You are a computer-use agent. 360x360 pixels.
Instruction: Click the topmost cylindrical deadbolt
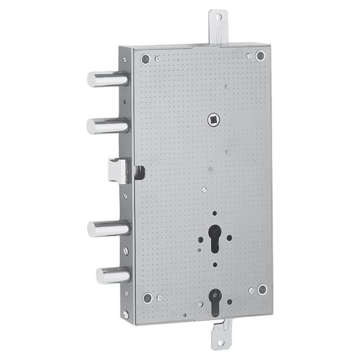point(107,79)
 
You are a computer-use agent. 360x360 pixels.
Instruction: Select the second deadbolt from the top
point(107,125)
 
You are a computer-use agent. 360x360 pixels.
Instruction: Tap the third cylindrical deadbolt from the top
point(108,228)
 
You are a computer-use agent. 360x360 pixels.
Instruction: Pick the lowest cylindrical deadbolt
point(112,275)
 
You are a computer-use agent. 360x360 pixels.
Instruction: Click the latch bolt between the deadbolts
point(118,171)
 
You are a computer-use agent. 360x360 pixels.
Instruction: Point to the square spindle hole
point(213,119)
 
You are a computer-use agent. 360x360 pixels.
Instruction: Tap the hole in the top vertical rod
point(218,18)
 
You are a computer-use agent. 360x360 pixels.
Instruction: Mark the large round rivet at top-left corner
point(146,58)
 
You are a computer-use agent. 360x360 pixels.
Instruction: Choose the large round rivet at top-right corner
point(260,55)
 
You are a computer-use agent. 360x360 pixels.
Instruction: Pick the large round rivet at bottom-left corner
point(147,298)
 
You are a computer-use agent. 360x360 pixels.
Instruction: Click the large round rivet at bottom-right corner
point(262,289)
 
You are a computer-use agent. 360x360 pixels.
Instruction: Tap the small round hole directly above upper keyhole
point(214,213)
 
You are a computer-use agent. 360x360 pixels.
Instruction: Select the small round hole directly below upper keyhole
point(214,264)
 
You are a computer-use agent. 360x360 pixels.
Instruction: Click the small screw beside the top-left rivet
point(157,58)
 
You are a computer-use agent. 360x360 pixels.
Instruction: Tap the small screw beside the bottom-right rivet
point(251,291)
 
